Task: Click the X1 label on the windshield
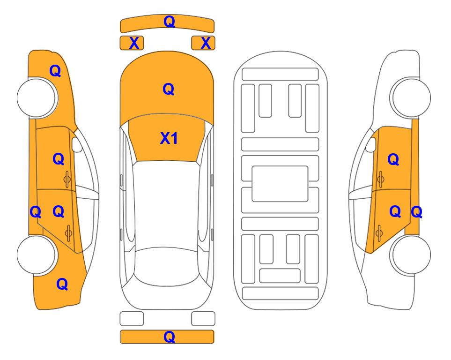[169, 138]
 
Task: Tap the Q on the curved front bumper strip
[169, 21]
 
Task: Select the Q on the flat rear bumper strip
[169, 337]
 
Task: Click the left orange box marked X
[132, 43]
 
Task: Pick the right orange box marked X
[203, 43]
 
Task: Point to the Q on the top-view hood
[169, 89]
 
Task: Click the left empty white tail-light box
[132, 319]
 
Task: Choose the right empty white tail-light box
[203, 319]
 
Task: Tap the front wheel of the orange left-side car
[37, 98]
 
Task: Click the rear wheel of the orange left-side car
[37, 255]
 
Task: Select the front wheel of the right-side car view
[410, 97]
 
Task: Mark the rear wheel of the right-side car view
[410, 255]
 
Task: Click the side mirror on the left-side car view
[77, 144]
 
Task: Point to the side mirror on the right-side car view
[371, 144]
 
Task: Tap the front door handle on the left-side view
[67, 180]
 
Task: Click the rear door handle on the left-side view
[68, 232]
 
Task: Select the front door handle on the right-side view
[380, 180]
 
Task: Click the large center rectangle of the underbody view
[280, 184]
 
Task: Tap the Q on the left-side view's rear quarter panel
[62, 284]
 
